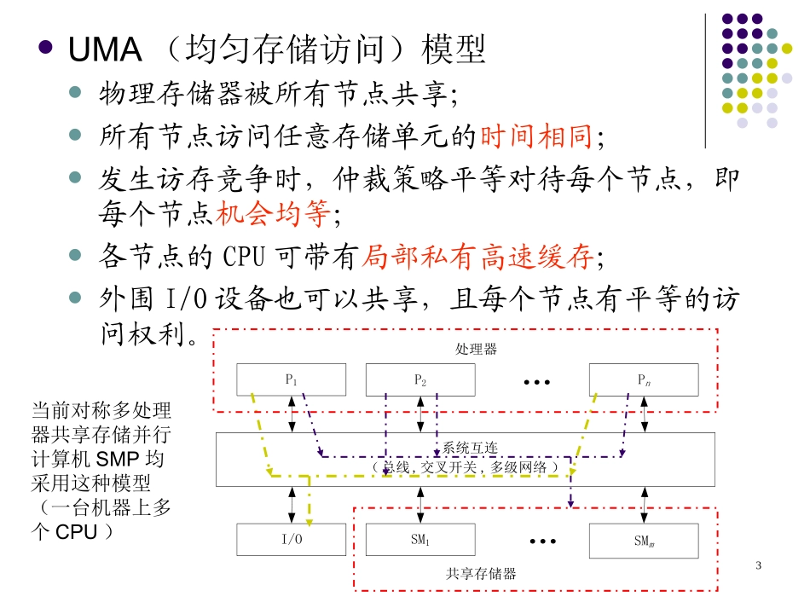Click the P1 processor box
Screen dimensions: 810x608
[292, 379]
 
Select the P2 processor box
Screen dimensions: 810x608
[419, 379]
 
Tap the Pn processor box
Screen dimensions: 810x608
[643, 379]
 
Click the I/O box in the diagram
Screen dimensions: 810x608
[292, 540]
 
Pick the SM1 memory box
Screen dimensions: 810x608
[419, 540]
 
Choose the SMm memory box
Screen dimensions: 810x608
[643, 540]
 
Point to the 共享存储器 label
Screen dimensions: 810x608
[481, 573]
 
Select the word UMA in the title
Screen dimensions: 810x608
[104, 50]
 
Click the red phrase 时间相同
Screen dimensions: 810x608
[537, 136]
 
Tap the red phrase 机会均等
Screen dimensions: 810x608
[272, 215]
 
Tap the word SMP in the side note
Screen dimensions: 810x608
[125, 459]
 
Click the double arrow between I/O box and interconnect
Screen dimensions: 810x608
[292, 504]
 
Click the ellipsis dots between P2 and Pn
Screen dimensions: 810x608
[536, 381]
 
